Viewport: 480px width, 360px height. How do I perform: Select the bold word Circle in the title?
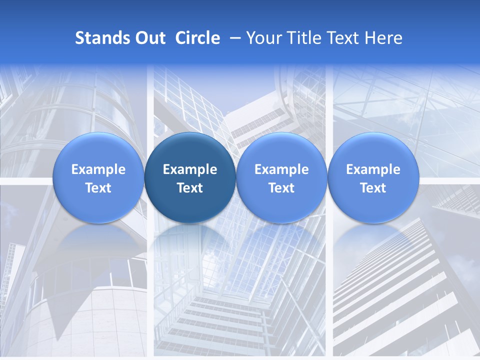(197, 38)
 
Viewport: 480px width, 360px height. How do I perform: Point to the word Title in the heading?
(302, 38)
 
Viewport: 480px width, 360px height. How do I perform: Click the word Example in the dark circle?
(190, 169)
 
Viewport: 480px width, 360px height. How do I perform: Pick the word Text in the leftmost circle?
(98, 188)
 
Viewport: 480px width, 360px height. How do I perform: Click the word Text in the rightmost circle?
(373, 188)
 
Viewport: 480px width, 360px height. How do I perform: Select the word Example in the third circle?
(281, 169)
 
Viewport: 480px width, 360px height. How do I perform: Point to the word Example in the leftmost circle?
(98, 169)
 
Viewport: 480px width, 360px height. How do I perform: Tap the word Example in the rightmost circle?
(373, 169)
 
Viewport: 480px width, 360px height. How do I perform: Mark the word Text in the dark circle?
(190, 188)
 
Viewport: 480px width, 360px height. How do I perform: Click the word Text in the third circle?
(281, 188)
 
